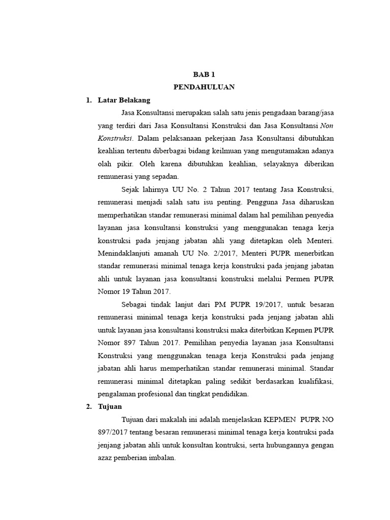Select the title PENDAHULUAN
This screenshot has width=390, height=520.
coord(204,87)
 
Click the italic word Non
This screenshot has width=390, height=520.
coord(327,125)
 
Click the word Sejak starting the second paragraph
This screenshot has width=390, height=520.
coord(132,189)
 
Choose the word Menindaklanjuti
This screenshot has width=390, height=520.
coord(124,253)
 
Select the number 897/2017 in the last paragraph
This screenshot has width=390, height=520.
coord(113,432)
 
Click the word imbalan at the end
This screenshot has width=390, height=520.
coord(160,458)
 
